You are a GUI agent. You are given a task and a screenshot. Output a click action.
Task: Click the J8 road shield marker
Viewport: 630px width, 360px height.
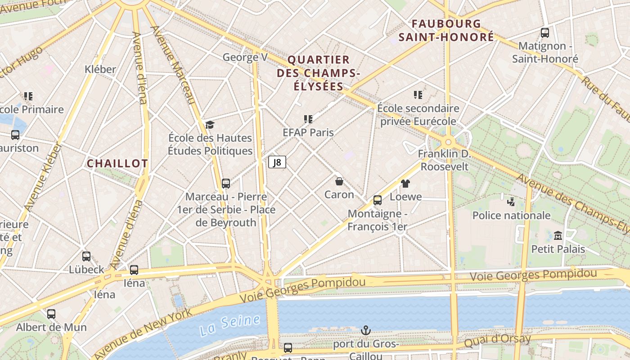coord(277,162)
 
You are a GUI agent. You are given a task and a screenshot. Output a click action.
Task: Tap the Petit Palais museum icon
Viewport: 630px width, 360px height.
coord(558,235)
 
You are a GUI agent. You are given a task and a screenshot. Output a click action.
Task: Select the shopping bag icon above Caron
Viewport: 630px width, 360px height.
coord(339,181)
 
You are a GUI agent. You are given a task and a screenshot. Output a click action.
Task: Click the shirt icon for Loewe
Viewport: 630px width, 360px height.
coord(405,183)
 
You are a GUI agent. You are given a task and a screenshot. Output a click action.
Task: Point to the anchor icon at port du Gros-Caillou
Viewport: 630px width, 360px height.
coord(366,331)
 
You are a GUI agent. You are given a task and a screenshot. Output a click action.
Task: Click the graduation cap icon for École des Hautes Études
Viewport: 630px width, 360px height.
coord(210,125)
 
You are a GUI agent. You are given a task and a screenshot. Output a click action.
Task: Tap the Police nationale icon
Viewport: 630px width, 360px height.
coord(511,202)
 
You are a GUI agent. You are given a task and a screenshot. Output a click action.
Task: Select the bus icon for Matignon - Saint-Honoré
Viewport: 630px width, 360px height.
coord(545,32)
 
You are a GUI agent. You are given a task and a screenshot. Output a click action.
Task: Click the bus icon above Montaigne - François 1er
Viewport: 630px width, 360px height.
coord(378,200)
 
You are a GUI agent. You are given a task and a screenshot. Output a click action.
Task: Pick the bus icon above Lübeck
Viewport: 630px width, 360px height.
coord(86,256)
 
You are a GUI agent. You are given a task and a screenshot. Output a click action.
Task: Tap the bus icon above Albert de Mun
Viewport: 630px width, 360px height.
coord(51,314)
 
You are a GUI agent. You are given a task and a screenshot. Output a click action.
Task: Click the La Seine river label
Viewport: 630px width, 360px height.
coord(230,325)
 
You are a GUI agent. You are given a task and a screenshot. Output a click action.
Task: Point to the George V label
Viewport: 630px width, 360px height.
coord(245,57)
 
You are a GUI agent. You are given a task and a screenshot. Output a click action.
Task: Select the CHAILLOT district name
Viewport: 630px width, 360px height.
coord(117,163)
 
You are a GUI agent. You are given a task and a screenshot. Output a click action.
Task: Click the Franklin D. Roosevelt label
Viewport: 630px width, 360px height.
coord(444,160)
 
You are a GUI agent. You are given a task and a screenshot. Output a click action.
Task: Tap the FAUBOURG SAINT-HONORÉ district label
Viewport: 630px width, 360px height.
coord(446,30)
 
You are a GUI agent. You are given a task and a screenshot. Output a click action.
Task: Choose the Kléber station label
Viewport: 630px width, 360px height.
coord(100,69)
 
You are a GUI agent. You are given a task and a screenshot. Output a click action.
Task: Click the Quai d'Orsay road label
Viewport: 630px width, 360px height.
coord(497,341)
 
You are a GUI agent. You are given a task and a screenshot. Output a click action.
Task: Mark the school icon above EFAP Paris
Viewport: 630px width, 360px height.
coord(308,119)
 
